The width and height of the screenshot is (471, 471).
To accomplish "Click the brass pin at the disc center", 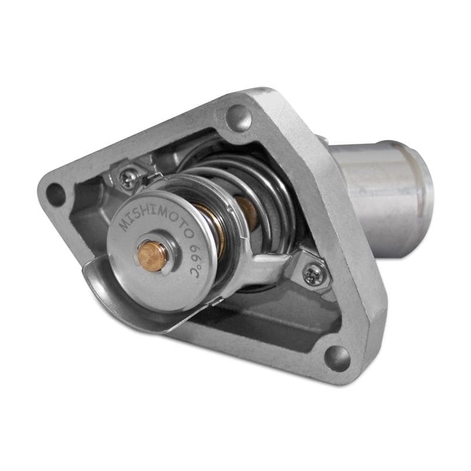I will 152,254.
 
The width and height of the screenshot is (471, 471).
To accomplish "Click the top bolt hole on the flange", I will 239,117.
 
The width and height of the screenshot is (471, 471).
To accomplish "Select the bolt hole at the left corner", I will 56,194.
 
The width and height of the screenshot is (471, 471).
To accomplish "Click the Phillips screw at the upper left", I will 128,176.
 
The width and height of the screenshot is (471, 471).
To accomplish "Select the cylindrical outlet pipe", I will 377,188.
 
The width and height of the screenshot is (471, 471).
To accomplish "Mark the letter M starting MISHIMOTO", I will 124,225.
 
